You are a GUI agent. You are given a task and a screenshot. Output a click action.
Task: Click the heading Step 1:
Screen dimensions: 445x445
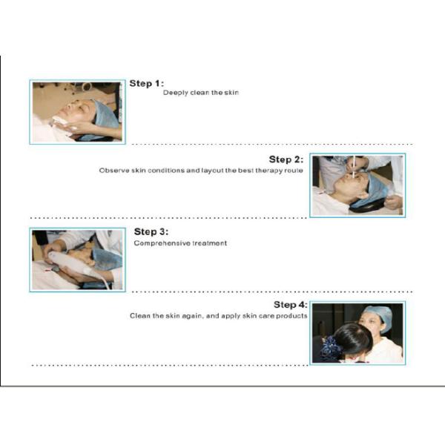tap(146, 83)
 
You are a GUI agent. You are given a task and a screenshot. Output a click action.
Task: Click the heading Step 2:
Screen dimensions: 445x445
tap(286, 159)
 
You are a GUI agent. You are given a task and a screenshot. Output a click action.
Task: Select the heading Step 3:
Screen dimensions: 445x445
tap(151, 231)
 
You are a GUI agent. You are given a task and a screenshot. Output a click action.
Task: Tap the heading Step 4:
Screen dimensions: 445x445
tap(290, 305)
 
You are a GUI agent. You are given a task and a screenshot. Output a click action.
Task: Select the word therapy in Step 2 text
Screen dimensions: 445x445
tap(269, 171)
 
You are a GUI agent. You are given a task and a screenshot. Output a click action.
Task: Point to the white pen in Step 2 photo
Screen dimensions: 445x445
tap(354, 167)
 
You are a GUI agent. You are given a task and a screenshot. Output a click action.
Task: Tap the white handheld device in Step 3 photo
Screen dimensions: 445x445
tap(70, 263)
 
